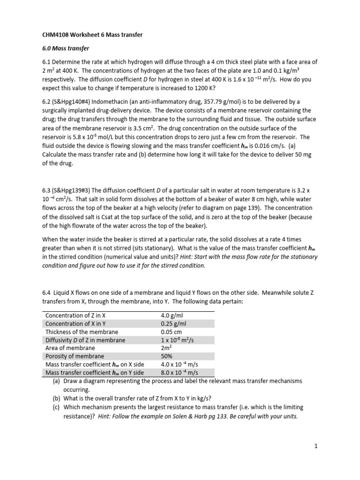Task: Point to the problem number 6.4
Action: tap(47, 292)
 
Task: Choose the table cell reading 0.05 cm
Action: tap(172, 332)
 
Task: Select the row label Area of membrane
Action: tap(70, 348)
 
